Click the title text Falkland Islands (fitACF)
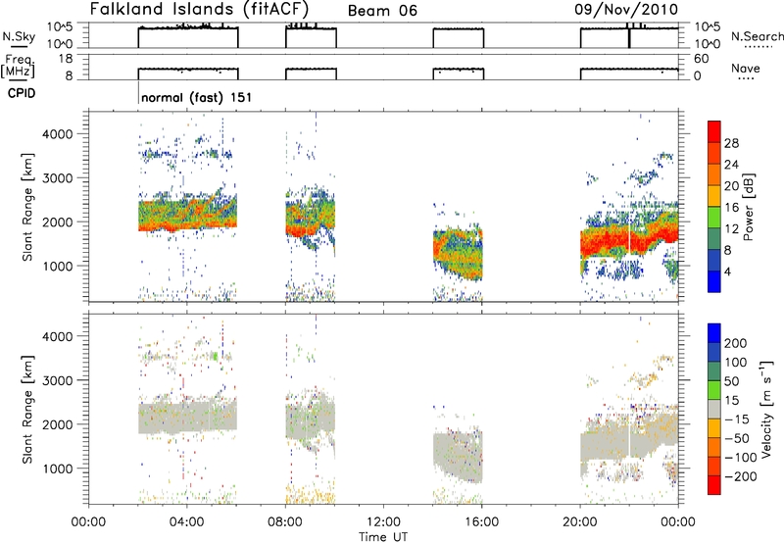click(199, 9)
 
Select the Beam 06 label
click(382, 11)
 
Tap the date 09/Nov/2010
click(625, 10)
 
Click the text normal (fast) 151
click(197, 97)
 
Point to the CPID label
click(22, 93)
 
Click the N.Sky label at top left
click(19, 36)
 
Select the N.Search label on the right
click(757, 36)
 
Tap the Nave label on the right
click(746, 68)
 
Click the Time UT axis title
click(383, 537)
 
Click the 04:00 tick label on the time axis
click(187, 522)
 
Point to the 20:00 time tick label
click(580, 522)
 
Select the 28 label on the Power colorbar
click(731, 144)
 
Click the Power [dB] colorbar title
click(749, 207)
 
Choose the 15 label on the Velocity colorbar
click(731, 400)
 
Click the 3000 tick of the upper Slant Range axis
click(59, 178)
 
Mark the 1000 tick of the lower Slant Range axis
click(59, 469)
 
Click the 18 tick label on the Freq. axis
click(66, 59)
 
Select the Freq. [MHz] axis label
click(19, 66)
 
